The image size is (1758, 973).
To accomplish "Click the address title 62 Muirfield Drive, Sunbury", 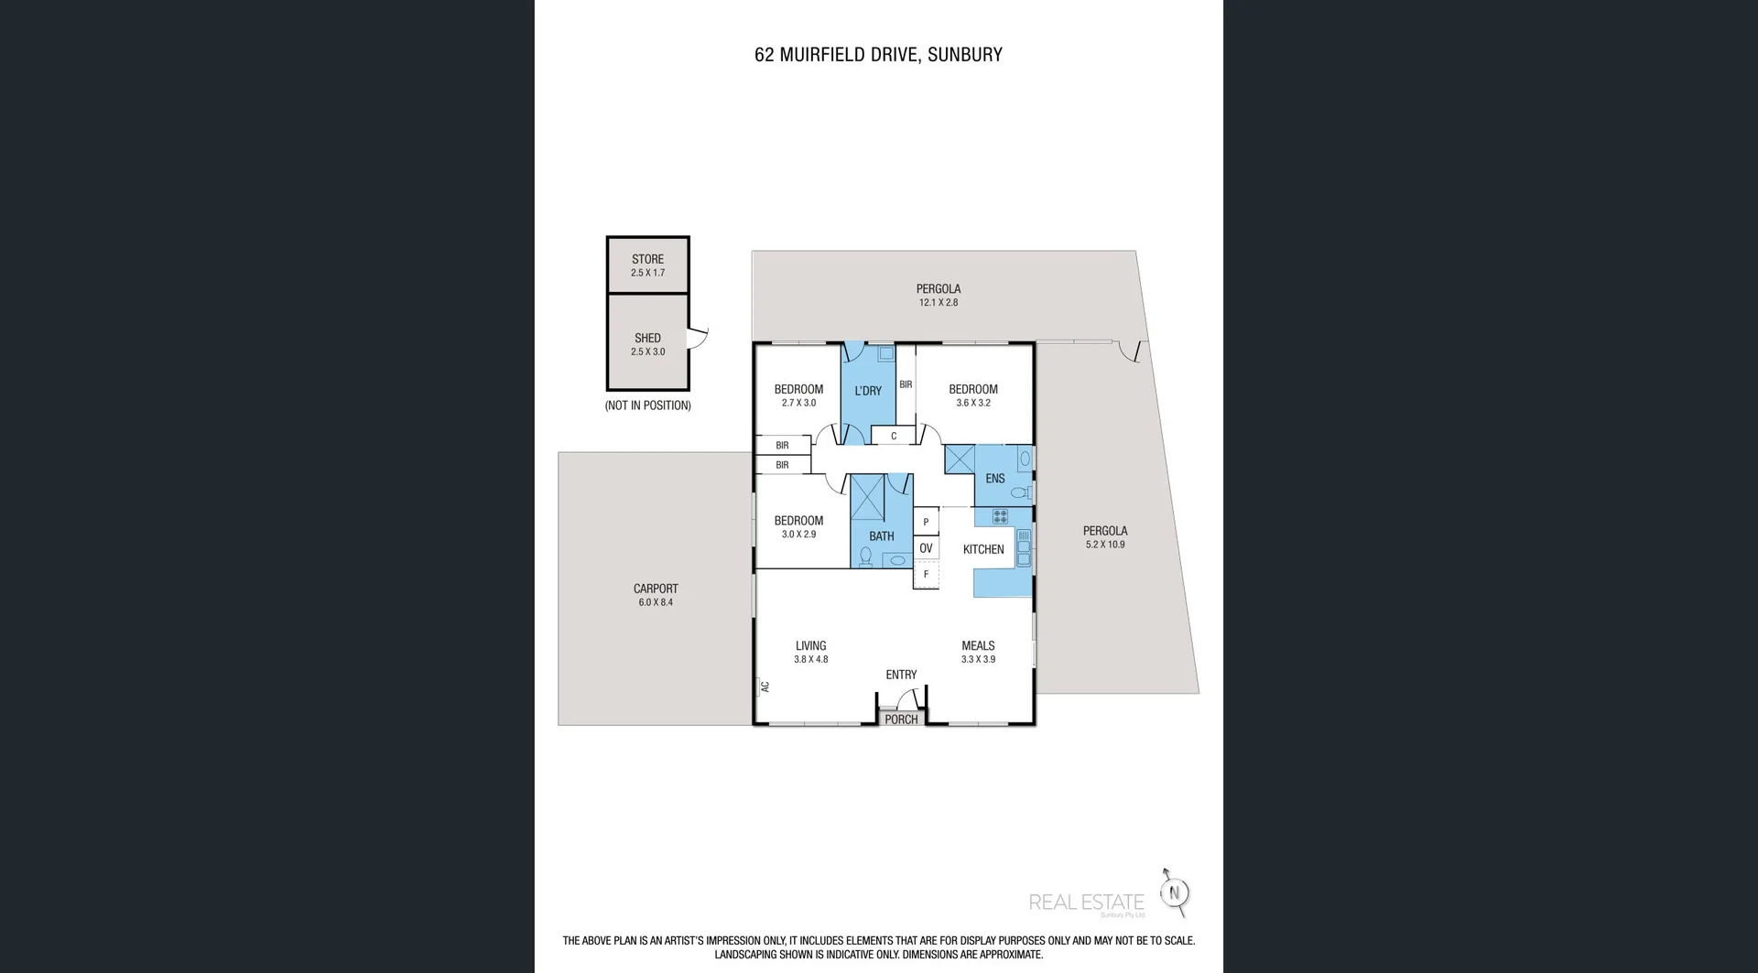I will click(878, 55).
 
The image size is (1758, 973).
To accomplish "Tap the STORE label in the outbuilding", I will click(647, 260).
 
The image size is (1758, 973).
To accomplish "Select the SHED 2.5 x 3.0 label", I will click(647, 344).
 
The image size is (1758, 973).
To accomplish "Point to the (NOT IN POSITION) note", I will click(647, 405).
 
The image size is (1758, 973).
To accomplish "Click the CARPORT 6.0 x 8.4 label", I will click(656, 595).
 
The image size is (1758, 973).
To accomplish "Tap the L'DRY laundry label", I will click(868, 391).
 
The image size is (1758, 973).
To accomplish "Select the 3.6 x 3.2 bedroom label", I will click(973, 395).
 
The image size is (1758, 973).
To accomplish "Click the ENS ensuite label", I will click(995, 479).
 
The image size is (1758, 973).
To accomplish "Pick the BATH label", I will click(882, 536).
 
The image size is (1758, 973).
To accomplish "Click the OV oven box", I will click(926, 548).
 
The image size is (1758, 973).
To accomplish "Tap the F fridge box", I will click(926, 575).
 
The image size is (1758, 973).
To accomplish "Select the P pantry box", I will click(926, 522).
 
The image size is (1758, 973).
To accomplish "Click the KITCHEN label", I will click(983, 549).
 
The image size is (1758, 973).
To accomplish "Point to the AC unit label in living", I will click(765, 686).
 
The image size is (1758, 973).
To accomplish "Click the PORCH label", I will click(901, 719).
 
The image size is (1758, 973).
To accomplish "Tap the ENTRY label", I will click(901, 675).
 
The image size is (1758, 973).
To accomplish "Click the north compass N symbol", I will click(1176, 892).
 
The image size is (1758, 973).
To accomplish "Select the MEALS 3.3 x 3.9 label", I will click(978, 652).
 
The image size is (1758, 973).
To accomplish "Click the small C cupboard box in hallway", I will click(894, 436).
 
